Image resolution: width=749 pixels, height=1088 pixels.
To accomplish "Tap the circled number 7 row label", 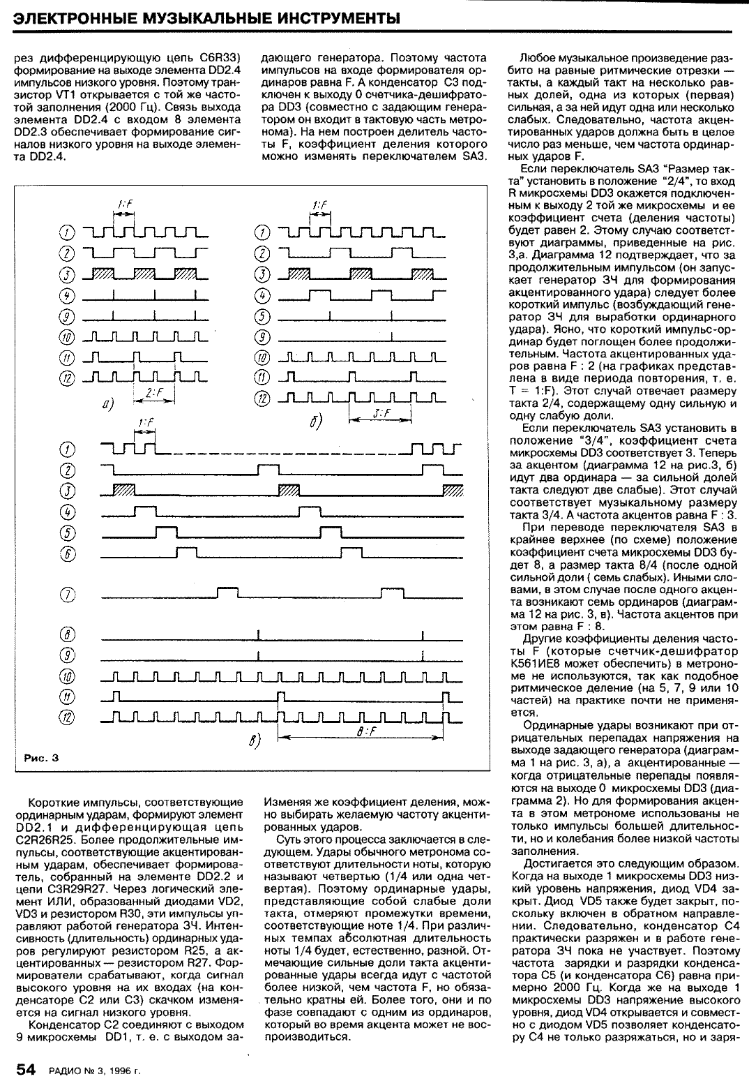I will click(x=68, y=595).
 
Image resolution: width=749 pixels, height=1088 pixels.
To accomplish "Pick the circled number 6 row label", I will click(x=68, y=553).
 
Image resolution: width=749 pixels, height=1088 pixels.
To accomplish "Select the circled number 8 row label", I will click(x=68, y=635).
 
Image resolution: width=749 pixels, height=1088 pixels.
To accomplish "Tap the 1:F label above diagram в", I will click(x=145, y=423).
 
